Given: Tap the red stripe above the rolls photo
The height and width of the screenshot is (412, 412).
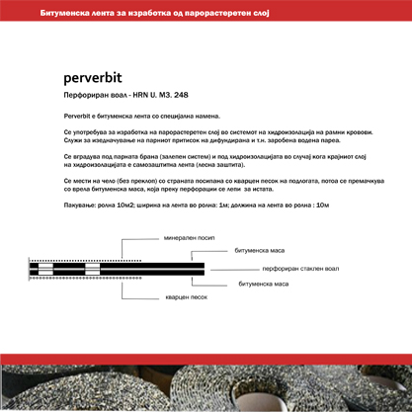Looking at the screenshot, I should coord(206,358).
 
